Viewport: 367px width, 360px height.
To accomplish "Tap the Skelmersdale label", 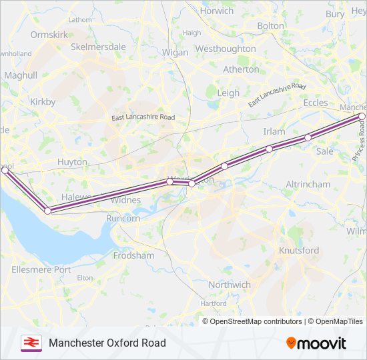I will [98, 47].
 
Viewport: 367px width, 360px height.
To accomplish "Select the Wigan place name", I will [175, 52].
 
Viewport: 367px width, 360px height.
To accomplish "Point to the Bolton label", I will [270, 25].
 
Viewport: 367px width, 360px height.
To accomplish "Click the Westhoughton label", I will [226, 49].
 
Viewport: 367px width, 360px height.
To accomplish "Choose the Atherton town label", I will [241, 69].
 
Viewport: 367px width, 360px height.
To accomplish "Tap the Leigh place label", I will [228, 93].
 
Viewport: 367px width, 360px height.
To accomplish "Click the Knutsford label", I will [298, 251].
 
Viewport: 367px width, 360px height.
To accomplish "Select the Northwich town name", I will [230, 285].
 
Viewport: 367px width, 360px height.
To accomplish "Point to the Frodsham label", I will [133, 255].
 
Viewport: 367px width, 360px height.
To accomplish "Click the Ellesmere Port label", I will [41, 270].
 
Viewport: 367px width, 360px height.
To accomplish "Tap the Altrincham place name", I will [308, 184].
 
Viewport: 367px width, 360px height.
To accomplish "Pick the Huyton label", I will [72, 162].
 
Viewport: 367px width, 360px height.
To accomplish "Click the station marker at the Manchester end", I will [362, 116].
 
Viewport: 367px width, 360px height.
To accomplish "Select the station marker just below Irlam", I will [269, 149].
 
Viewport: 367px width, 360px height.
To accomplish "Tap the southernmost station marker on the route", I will [48, 211].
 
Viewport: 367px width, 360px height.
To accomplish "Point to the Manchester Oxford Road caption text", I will [107, 343].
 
